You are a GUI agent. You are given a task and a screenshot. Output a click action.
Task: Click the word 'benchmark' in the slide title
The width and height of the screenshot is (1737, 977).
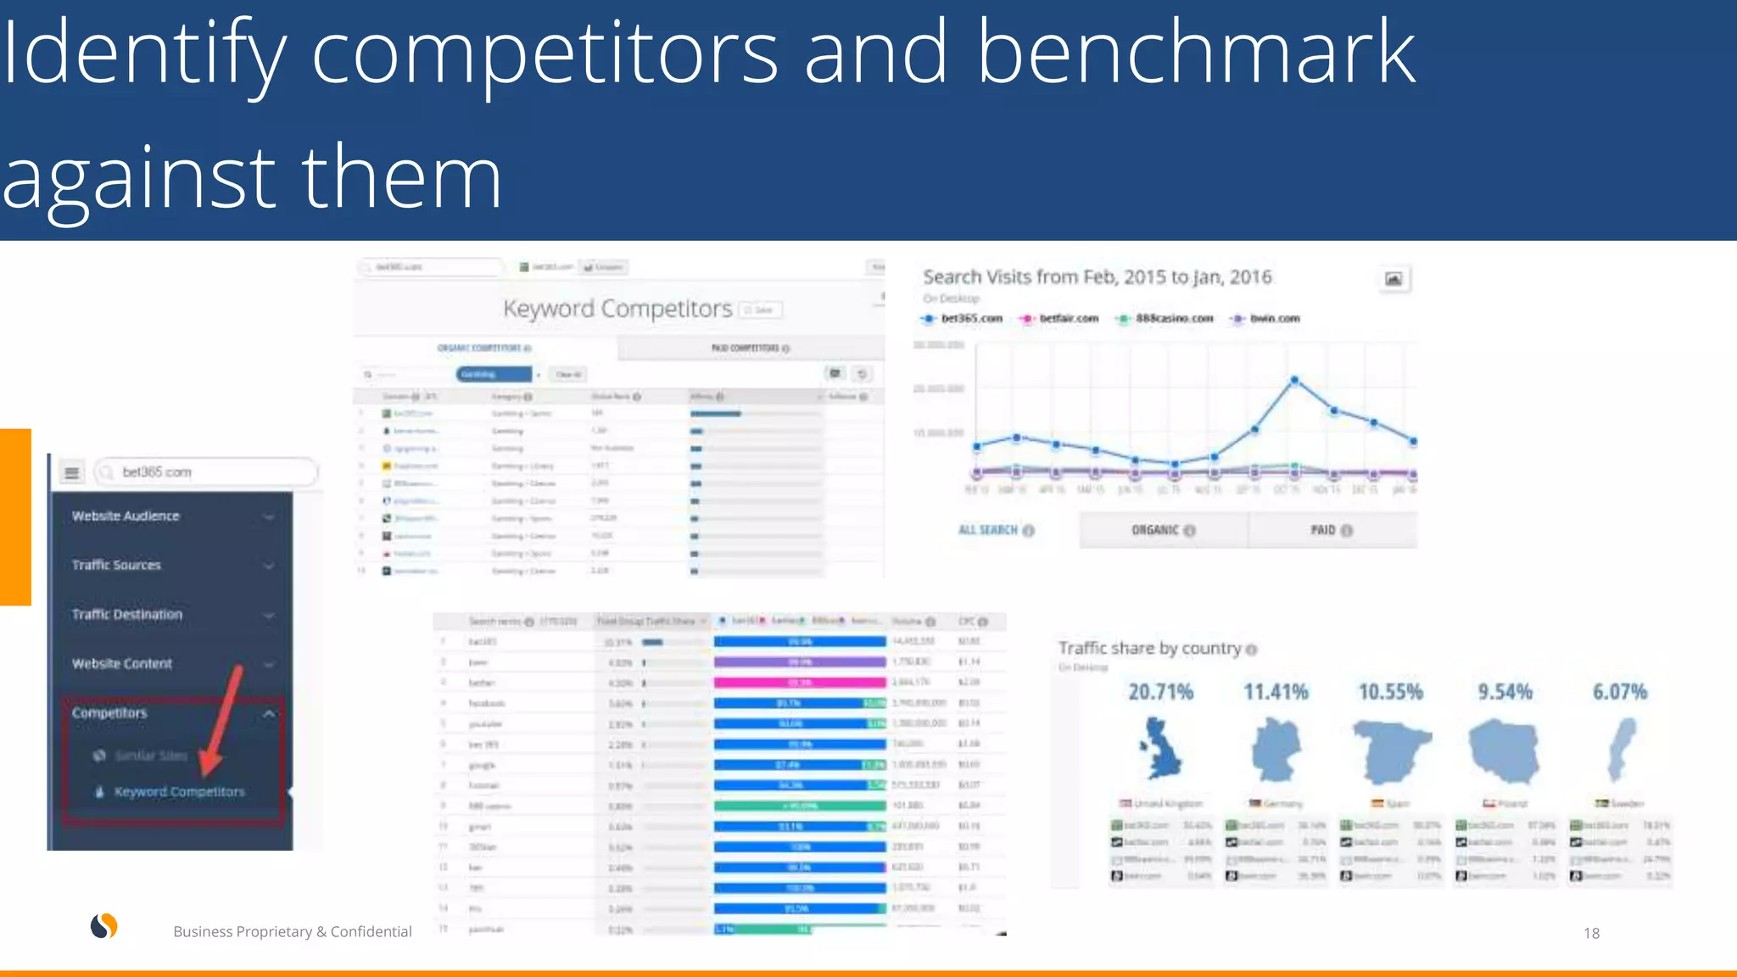pos(1196,53)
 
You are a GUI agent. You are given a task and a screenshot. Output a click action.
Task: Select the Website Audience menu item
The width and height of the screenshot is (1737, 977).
pos(126,516)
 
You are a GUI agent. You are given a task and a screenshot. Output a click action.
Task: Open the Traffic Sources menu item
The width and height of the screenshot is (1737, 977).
pos(116,565)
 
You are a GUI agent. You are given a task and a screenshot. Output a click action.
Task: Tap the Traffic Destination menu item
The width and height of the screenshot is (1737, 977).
pos(127,614)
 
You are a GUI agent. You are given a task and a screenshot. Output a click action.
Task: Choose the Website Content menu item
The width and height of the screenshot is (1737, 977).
pos(122,663)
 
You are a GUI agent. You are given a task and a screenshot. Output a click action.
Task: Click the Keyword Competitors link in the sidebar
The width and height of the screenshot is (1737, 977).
pos(179,791)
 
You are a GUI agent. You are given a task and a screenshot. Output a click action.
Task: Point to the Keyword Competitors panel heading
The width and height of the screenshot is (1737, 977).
pos(617,309)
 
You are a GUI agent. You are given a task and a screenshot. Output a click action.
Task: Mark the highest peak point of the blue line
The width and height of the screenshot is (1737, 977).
pos(1294,381)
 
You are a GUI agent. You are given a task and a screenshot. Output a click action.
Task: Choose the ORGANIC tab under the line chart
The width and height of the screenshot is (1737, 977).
pos(1162,530)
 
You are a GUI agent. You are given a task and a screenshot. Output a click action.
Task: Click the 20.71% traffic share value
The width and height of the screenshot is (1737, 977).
pos(1160,692)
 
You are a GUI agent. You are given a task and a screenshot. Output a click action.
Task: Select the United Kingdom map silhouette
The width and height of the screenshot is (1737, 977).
pos(1160,749)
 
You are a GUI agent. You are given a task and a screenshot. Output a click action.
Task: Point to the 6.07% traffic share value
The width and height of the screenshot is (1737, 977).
pos(1619,692)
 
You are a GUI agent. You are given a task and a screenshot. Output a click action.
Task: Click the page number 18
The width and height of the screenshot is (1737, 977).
pos(1591,933)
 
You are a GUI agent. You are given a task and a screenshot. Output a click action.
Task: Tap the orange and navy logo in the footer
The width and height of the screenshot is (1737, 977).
pos(104,926)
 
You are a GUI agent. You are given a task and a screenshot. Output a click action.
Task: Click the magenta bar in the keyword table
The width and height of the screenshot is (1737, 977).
pos(800,682)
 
